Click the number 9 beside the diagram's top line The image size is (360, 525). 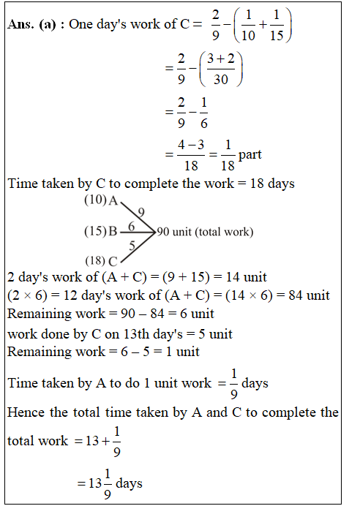tap(140, 211)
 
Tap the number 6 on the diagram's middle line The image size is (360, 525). tap(132, 227)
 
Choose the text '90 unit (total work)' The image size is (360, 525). tap(205, 232)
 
